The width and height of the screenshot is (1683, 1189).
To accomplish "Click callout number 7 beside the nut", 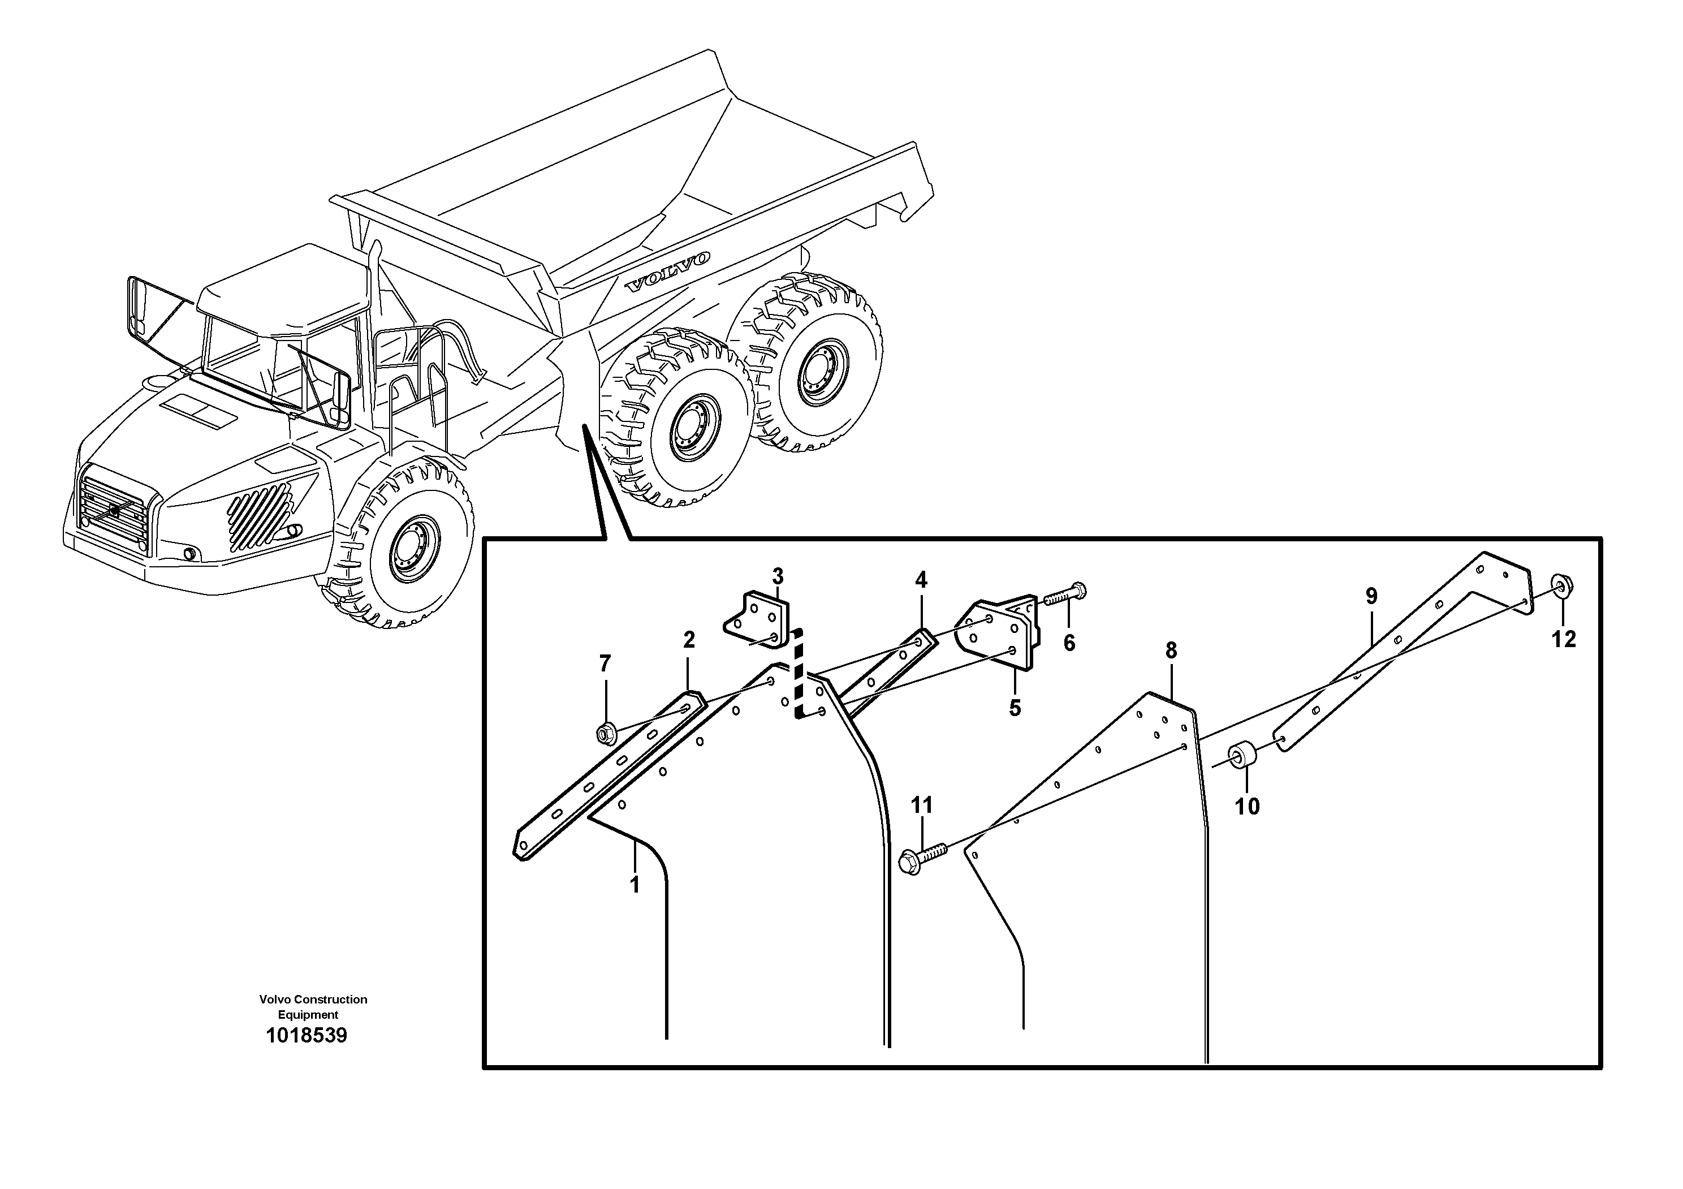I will click(604, 664).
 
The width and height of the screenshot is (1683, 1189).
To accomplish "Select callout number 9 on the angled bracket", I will click(1371, 596).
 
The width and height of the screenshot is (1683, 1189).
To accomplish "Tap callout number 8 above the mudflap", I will click(1171, 650).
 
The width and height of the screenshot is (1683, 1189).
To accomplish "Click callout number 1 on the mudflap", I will click(635, 885).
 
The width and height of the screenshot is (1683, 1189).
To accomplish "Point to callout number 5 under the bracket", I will click(1015, 708).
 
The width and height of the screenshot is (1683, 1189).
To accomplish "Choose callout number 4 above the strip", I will click(921, 580).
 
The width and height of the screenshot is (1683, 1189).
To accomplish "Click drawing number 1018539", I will click(306, 1036).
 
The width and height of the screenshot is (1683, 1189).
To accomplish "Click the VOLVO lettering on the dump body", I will click(667, 273).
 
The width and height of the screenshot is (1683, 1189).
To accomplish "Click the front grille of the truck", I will click(114, 512).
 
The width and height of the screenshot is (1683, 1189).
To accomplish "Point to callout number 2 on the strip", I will click(688, 640).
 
